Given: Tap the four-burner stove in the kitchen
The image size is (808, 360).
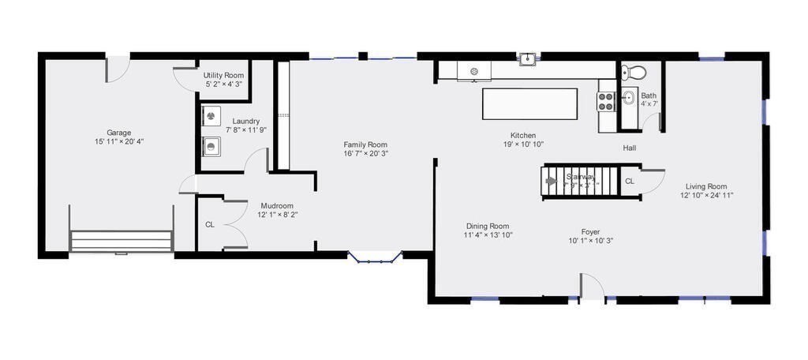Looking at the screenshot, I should (606, 101).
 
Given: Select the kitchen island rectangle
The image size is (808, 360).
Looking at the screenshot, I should (529, 103).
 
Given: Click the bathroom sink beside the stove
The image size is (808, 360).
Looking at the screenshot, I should (629, 99).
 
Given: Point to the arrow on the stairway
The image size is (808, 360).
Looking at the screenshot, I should (551, 180).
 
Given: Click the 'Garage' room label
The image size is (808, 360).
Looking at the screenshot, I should (119, 133).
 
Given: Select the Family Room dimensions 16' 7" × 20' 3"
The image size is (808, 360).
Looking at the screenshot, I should (365, 155).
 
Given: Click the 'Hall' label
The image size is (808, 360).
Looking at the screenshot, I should (629, 148).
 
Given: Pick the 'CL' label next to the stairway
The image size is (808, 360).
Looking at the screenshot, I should (630, 182).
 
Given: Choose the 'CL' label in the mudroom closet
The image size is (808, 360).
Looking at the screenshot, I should (210, 225).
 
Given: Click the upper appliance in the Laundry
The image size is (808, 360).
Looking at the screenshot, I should (211, 117).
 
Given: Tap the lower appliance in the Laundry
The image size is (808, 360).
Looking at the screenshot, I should (211, 146).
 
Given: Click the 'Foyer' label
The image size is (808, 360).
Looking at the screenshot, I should (591, 232).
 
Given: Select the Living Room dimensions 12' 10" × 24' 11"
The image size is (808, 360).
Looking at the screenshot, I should (707, 195).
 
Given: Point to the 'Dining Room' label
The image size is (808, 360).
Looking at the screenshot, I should (487, 226).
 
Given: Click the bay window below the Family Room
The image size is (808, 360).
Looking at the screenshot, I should (376, 257).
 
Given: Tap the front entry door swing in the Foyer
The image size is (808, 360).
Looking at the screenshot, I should (592, 286).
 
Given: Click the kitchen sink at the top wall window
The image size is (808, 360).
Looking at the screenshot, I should (527, 58).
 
